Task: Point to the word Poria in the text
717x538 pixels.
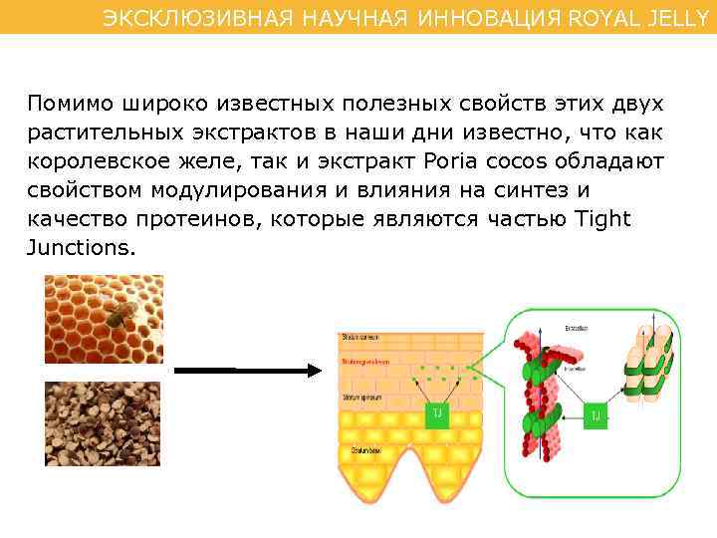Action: pos(450,162)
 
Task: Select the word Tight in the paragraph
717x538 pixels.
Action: pos(603,219)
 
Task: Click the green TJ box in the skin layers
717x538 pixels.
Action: pos(437,414)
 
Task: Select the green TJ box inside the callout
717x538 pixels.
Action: pos(596,414)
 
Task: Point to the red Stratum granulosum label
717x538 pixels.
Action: pos(365,362)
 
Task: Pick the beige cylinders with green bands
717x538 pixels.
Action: pos(646,365)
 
